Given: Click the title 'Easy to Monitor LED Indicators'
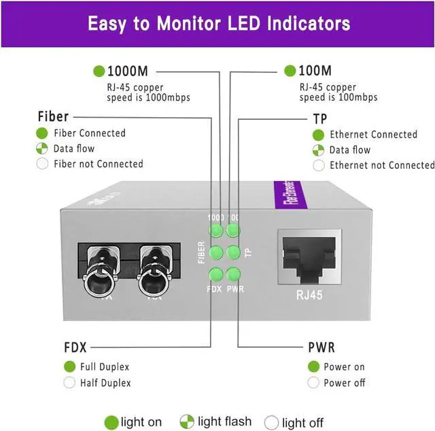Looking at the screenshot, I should point(218,24).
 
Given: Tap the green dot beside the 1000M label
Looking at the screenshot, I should point(99,71).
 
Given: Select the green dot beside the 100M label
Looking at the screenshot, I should point(290,71).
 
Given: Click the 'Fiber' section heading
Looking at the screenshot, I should point(53,116).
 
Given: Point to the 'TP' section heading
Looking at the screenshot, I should point(319,118).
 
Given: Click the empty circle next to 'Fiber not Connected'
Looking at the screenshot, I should point(42,164).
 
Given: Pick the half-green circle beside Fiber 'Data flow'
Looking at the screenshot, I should point(42,148).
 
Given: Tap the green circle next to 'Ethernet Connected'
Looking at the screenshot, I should point(318,134).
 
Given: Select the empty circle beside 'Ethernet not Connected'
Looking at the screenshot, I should point(318,165).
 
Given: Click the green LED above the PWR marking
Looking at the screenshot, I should point(233,274).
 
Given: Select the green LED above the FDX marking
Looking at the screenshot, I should point(216,274).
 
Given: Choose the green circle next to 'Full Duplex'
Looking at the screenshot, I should point(69,366).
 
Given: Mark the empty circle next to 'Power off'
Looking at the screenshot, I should point(313,383).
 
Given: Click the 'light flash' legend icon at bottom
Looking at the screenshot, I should point(187,421).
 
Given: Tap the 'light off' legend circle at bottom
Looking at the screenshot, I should point(271,421).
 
